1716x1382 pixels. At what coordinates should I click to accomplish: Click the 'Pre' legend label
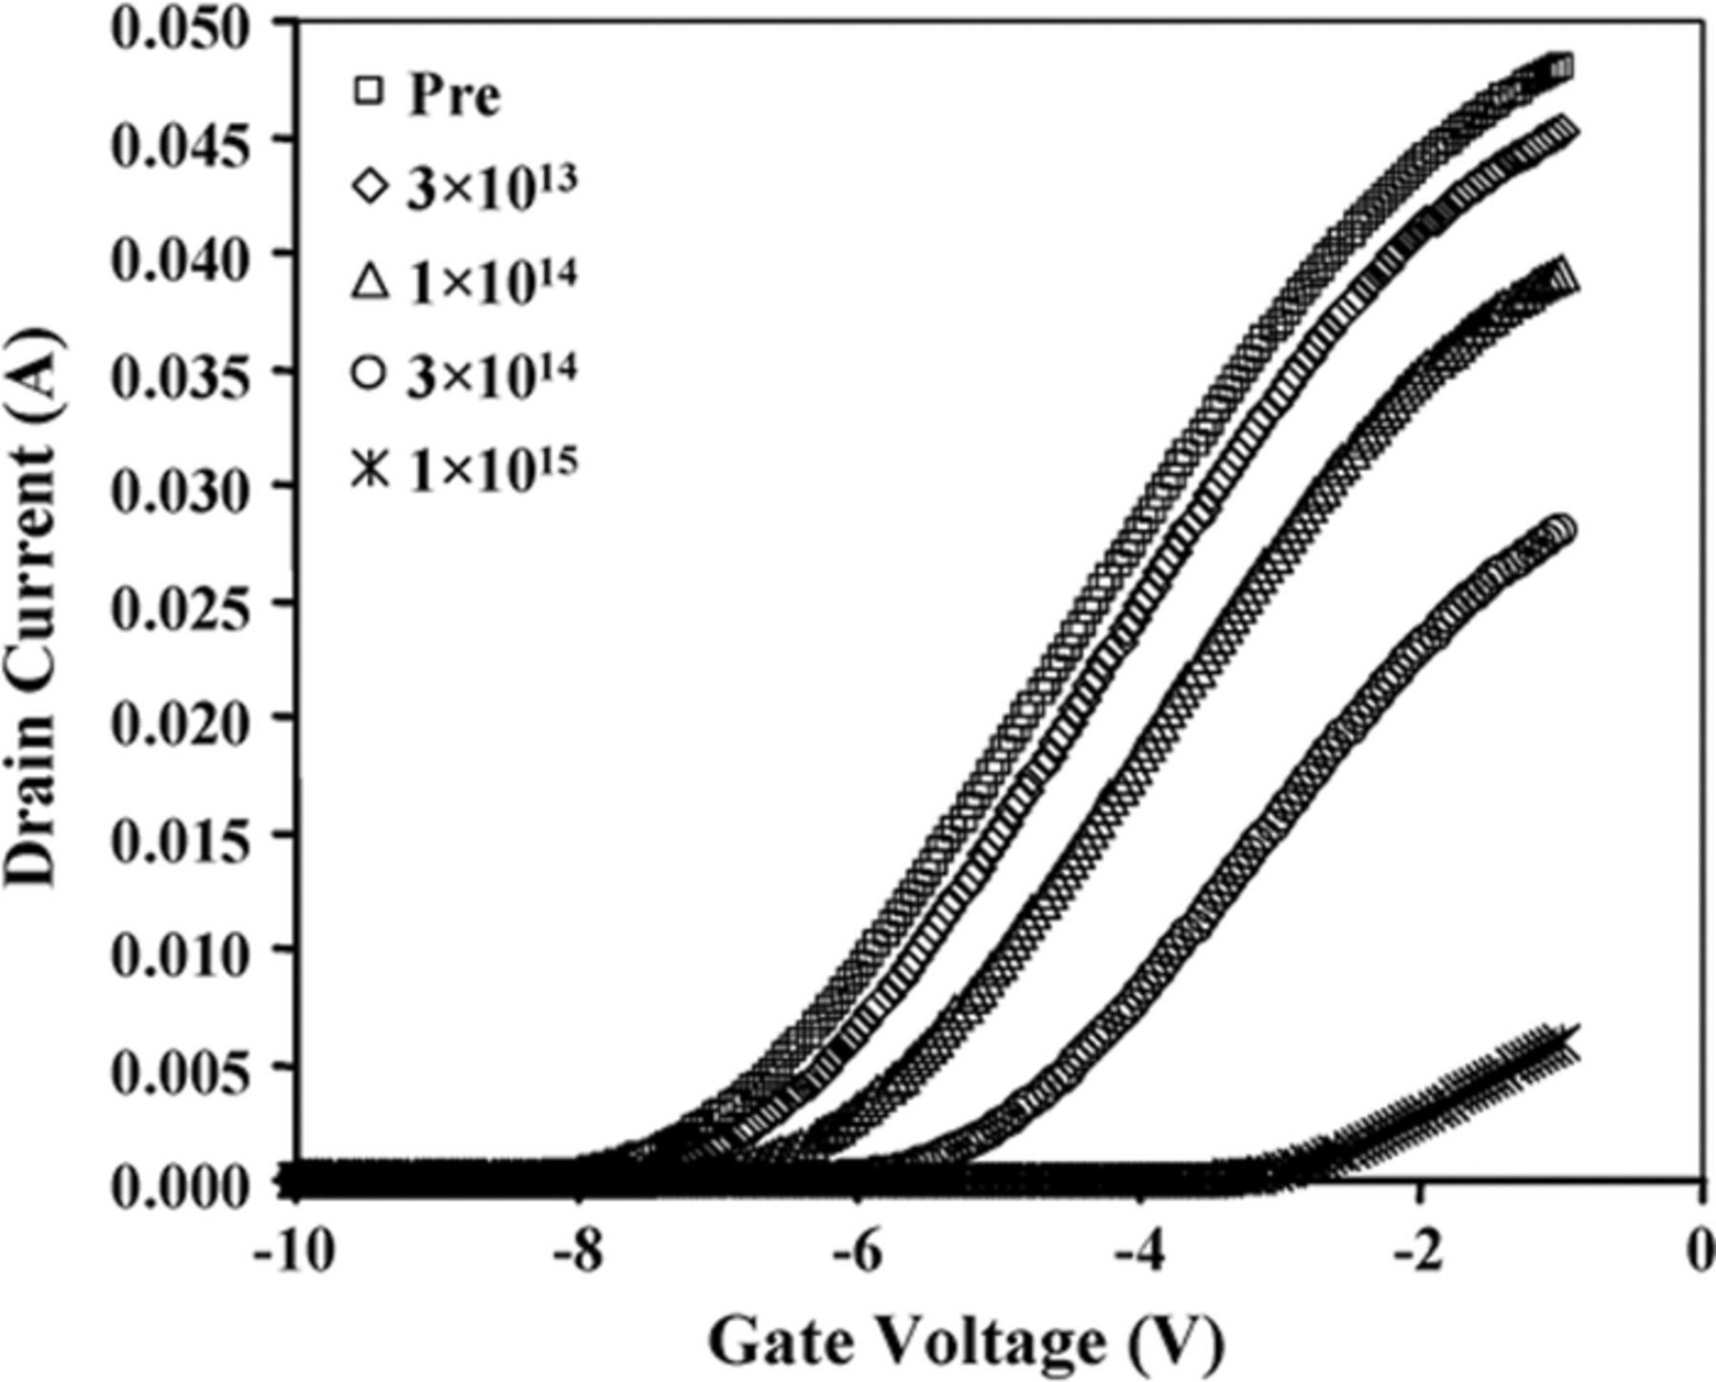tap(455, 95)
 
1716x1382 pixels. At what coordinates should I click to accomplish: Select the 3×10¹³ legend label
tap(492, 187)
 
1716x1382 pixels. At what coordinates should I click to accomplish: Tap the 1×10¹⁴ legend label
tap(492, 281)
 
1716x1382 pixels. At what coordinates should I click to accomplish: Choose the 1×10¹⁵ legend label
tap(492, 467)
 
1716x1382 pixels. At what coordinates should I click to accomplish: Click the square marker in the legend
tap(369, 91)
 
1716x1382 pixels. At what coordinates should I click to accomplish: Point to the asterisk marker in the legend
tap(369, 469)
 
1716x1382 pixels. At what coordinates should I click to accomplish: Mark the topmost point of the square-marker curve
tap(1561, 67)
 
